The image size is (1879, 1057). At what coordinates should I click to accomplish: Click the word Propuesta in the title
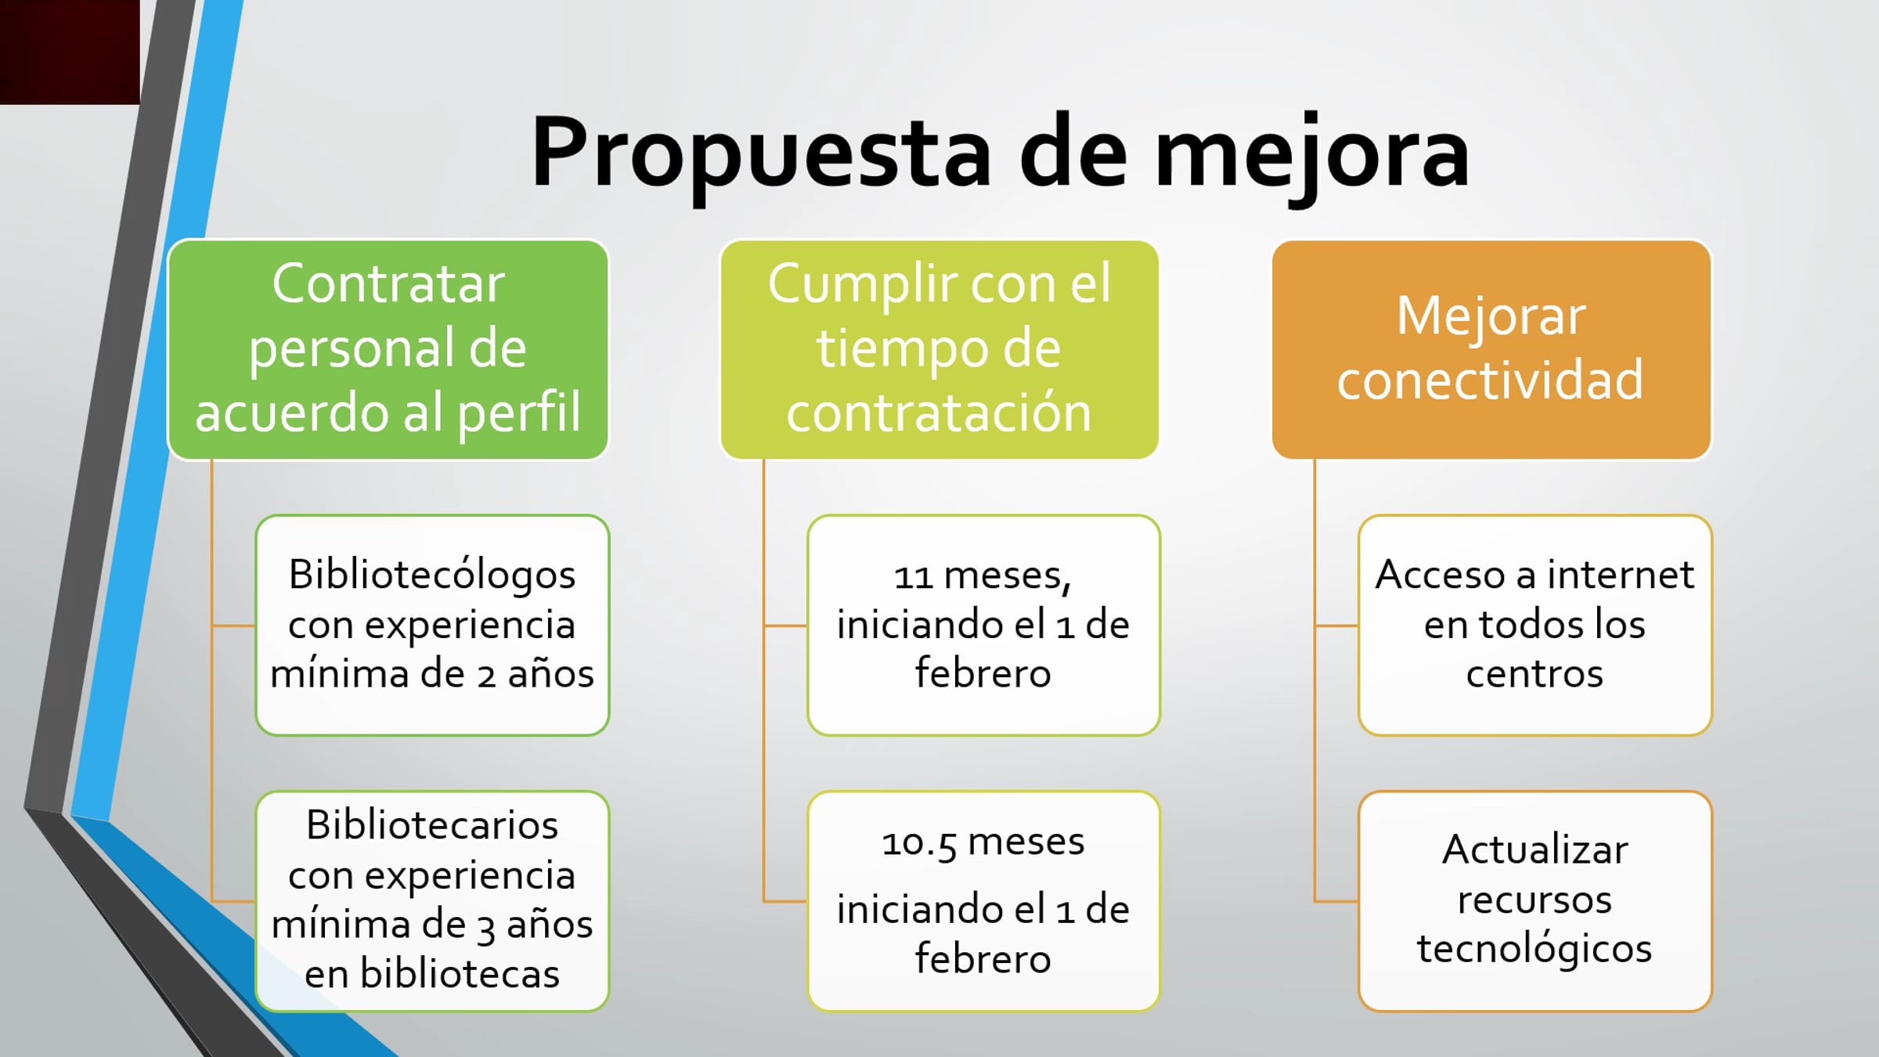point(762,153)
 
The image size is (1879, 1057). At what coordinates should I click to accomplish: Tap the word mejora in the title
point(1312,153)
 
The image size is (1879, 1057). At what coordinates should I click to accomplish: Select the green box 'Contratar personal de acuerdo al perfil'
point(388,349)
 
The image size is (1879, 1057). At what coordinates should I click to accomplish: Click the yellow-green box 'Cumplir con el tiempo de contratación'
point(939,349)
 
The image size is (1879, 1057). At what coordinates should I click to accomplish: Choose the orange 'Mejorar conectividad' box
point(1491,349)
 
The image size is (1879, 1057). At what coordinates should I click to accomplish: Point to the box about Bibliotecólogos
point(432,625)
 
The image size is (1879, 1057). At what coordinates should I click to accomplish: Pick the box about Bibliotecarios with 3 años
point(432,901)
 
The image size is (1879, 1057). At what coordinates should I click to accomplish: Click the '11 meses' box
point(983,625)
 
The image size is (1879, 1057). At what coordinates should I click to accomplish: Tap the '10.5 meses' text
point(983,843)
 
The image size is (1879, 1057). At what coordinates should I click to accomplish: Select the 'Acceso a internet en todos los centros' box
point(1535,625)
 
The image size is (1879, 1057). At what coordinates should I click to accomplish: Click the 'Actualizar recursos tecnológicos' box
point(1535,901)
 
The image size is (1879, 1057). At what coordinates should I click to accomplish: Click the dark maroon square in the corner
point(70,52)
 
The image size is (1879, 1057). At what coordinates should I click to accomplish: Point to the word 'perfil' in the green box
point(519,413)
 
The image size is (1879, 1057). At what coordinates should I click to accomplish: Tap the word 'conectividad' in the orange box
point(1490,380)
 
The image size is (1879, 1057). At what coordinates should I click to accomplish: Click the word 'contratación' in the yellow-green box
point(939,413)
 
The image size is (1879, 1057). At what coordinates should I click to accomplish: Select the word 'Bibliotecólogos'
point(432,576)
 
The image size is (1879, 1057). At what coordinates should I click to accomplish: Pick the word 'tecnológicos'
point(1535,949)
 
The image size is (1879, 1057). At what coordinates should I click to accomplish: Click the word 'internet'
point(1621,575)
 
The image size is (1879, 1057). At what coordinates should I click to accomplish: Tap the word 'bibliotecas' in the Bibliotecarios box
point(460,975)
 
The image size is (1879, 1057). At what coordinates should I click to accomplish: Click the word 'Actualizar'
point(1535,850)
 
